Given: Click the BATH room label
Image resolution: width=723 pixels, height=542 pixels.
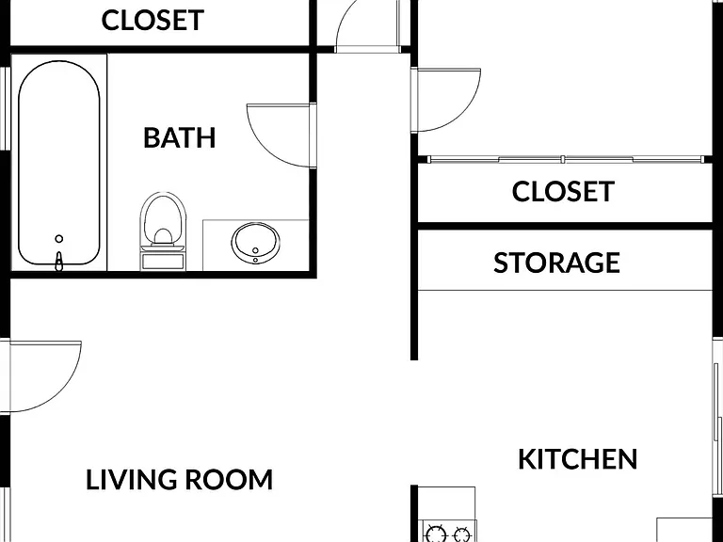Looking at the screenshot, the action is click(x=180, y=137).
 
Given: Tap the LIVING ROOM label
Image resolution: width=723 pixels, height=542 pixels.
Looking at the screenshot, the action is click(x=180, y=479).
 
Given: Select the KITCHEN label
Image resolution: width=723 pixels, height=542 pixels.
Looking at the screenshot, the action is click(x=578, y=459).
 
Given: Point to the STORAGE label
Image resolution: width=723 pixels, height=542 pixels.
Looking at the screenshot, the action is click(x=556, y=263).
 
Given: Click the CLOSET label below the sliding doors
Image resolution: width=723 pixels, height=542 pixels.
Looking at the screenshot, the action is click(x=563, y=191).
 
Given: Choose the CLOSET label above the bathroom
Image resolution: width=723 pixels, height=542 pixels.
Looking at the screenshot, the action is click(x=153, y=21).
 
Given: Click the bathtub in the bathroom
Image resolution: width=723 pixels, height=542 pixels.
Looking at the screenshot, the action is click(x=59, y=163).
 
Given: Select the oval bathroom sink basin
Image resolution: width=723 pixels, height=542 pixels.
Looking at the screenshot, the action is click(x=255, y=243).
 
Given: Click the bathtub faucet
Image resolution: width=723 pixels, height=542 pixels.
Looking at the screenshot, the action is click(x=58, y=262).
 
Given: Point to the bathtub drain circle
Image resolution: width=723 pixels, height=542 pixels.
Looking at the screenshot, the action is click(x=59, y=239).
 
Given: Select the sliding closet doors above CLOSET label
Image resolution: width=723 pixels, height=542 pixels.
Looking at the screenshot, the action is click(x=566, y=159).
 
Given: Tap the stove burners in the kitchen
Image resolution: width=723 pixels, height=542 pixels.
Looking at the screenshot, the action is click(x=449, y=534).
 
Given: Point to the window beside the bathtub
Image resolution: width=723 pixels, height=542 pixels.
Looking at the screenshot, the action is click(x=5, y=108).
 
